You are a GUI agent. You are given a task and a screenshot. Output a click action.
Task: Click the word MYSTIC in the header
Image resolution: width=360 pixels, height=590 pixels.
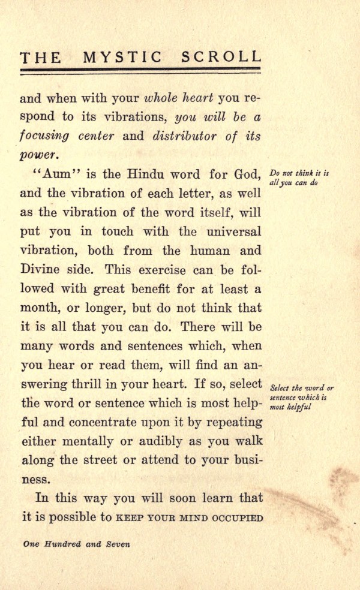coord(122,57)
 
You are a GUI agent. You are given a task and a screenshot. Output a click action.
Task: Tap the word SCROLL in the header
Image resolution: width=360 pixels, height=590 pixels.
coord(222,57)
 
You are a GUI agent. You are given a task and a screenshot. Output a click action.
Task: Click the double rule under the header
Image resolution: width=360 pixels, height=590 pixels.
coord(141,71)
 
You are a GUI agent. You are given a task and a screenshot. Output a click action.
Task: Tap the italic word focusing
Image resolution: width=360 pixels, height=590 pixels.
coord(44,136)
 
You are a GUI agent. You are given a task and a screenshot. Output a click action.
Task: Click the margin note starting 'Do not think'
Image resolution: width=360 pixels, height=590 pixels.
coord(300,178)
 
